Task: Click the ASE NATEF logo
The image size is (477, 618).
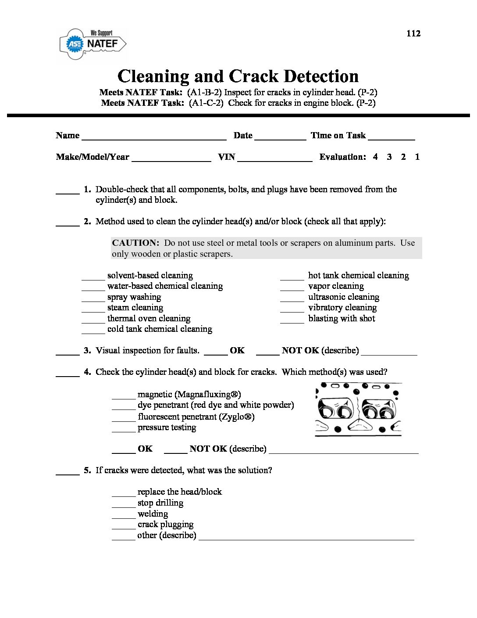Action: pos(93,44)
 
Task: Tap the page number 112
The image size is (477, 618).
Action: pos(413,34)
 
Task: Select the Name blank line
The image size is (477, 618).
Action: pos(154,137)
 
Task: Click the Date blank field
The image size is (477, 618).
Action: pos(280,137)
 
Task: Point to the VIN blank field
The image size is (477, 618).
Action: pos(274,158)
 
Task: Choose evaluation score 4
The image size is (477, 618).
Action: pos(375,157)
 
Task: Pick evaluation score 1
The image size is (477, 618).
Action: pos(417,157)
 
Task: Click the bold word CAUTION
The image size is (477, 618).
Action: pos(135,243)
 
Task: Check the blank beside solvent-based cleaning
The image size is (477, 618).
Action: pos(93,277)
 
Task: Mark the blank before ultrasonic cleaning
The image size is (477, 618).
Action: pos(292,298)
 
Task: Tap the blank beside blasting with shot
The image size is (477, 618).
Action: pos(292,320)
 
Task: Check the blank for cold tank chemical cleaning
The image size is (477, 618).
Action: pos(93,331)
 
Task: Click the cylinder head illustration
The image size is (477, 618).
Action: pos(358,409)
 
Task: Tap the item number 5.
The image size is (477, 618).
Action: pos(87,471)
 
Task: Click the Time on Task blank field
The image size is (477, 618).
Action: pos(392,137)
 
